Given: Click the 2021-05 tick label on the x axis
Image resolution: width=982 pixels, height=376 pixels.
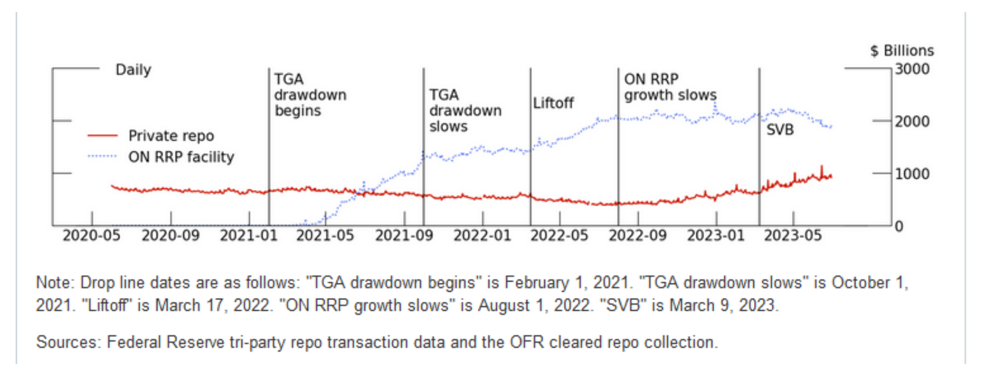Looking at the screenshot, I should click(325, 236).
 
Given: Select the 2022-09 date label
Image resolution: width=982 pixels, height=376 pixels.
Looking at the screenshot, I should click(638, 236).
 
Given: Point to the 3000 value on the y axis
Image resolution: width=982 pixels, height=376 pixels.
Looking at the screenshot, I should click(912, 69).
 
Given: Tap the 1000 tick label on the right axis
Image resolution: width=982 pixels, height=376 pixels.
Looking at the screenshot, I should click(912, 174).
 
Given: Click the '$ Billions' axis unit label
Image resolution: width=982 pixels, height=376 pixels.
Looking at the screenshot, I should click(902, 51).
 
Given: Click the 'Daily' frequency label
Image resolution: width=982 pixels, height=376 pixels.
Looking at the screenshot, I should click(133, 70).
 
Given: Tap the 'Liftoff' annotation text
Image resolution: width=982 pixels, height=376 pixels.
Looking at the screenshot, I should click(553, 103).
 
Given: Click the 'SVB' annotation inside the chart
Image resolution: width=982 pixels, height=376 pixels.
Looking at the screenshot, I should click(780, 129).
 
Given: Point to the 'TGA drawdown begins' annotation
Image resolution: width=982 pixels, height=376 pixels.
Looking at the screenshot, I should click(310, 95).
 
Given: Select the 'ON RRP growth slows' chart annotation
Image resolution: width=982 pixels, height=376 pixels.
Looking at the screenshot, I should click(670, 87).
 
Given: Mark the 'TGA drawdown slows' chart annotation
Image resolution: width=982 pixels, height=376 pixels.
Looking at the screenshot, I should click(465, 110).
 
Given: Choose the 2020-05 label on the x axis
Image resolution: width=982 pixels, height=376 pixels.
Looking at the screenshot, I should click(91, 236).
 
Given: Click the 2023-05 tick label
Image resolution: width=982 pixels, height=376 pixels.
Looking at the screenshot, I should click(793, 236).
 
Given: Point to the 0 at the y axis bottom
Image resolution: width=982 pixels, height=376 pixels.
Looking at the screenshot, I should click(899, 226).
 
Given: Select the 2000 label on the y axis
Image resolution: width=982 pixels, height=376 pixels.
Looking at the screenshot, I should click(912, 121).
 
